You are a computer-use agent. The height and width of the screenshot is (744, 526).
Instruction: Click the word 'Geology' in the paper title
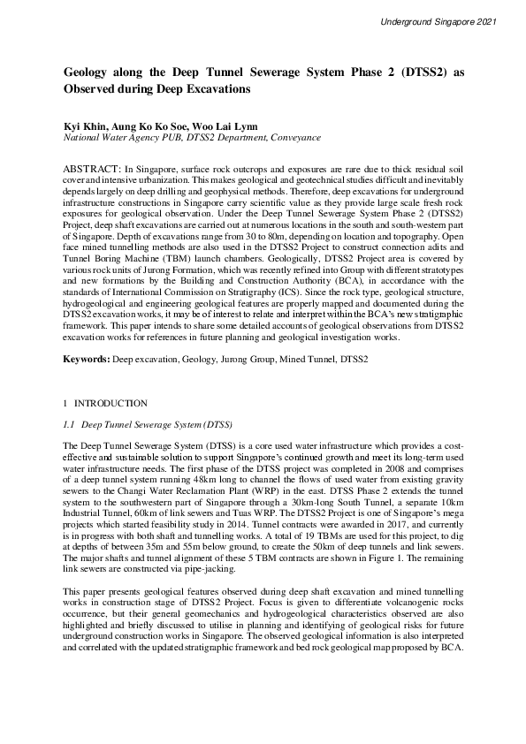pyautogui.click(x=91, y=73)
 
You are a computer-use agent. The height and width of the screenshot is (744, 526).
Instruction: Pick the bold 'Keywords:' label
pyautogui.click(x=88, y=361)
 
